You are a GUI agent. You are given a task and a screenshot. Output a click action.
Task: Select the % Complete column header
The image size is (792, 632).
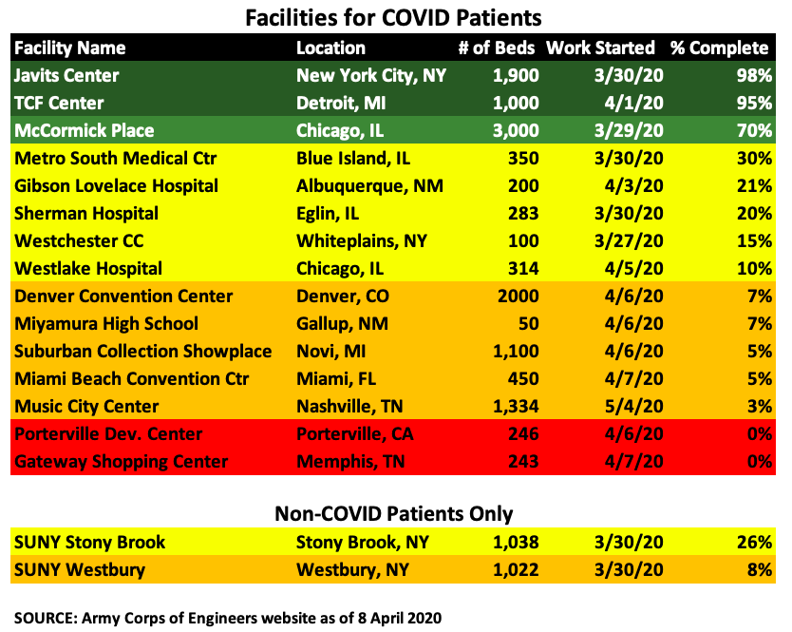tap(719, 48)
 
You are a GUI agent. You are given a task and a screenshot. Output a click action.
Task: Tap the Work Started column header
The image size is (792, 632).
tap(600, 48)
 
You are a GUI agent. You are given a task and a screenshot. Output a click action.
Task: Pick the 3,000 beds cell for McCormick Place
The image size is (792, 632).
tap(512, 130)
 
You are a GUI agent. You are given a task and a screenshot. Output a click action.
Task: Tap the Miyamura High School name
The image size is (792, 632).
tap(106, 324)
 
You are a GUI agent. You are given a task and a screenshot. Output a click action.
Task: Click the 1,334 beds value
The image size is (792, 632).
tap(512, 407)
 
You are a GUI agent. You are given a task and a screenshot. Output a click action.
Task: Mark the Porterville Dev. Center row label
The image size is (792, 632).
tap(108, 434)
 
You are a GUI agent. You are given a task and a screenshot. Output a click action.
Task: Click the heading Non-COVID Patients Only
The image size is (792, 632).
tap(393, 514)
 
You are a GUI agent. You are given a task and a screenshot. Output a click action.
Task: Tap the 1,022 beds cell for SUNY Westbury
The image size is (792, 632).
tap(512, 570)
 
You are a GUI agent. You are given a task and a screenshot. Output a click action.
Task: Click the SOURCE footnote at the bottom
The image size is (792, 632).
tap(228, 617)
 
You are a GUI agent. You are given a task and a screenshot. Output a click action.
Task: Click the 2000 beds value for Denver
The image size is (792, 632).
tap(517, 297)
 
